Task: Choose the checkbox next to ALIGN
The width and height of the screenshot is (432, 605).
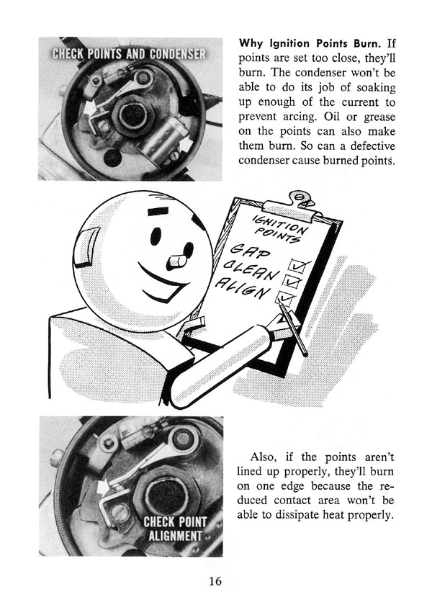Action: [x=289, y=297]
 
